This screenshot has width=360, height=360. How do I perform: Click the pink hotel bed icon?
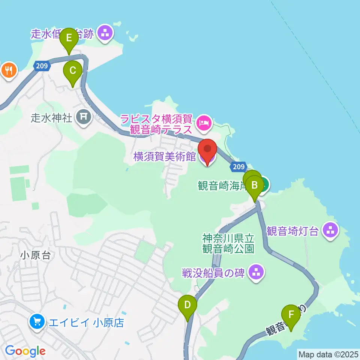[x=204, y=122]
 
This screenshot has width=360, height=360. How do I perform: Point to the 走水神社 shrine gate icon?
[x=83, y=117]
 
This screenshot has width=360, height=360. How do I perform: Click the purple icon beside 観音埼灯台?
[x=330, y=230]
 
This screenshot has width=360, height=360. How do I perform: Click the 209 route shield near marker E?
[x=42, y=66]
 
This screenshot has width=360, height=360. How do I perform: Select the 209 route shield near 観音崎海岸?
[x=238, y=166]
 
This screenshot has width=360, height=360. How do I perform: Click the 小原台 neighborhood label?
[x=36, y=255]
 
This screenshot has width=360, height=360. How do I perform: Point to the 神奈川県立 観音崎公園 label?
[x=228, y=243]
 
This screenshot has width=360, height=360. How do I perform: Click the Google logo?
[x=25, y=351]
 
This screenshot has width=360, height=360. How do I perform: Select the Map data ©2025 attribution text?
[x=328, y=354]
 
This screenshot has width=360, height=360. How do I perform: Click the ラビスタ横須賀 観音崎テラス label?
[x=156, y=125]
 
